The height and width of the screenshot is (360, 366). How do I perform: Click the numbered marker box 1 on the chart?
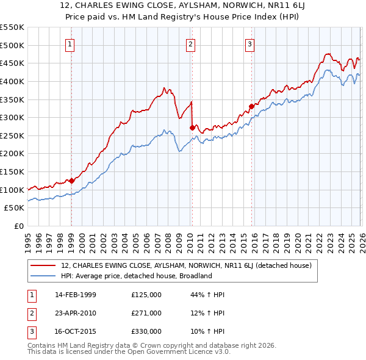click(71, 44)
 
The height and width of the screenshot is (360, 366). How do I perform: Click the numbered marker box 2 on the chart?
click(191, 44)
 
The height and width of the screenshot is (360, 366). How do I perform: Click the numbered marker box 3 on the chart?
click(250, 44)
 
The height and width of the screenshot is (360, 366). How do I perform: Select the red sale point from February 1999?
click(71, 181)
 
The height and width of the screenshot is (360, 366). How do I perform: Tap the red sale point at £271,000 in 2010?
click(192, 128)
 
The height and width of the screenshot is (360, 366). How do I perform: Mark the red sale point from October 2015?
click(251, 106)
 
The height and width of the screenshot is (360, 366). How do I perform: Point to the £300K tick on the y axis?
click(12, 117)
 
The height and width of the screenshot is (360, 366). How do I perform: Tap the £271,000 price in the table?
click(146, 313)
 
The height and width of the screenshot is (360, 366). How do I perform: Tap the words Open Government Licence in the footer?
click(174, 353)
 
